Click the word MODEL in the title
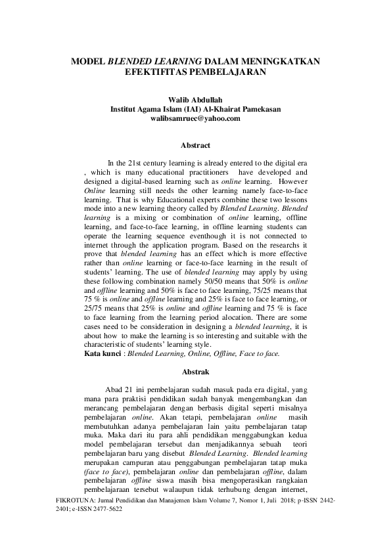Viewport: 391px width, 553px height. [89, 61]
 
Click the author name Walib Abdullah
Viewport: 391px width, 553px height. [195, 100]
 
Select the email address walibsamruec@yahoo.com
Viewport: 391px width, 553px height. [195, 119]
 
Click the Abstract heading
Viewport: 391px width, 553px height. [195, 145]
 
